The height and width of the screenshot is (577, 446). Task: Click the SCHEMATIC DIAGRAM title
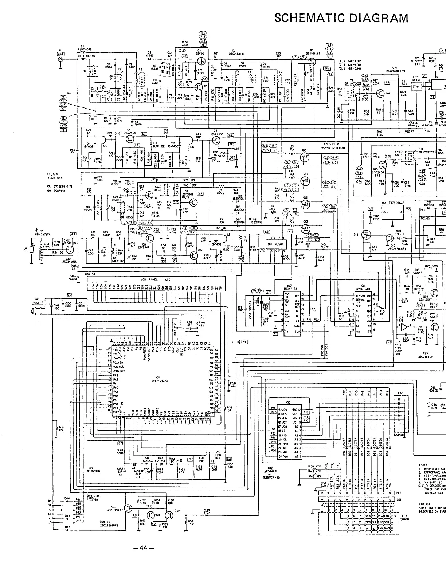pyautogui.click(x=341, y=18)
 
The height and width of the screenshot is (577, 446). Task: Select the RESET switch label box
pyautogui.click(x=37, y=302)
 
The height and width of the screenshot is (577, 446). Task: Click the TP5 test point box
pyautogui.click(x=243, y=342)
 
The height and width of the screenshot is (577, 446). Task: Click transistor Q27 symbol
pyautogui.click(x=128, y=508)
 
